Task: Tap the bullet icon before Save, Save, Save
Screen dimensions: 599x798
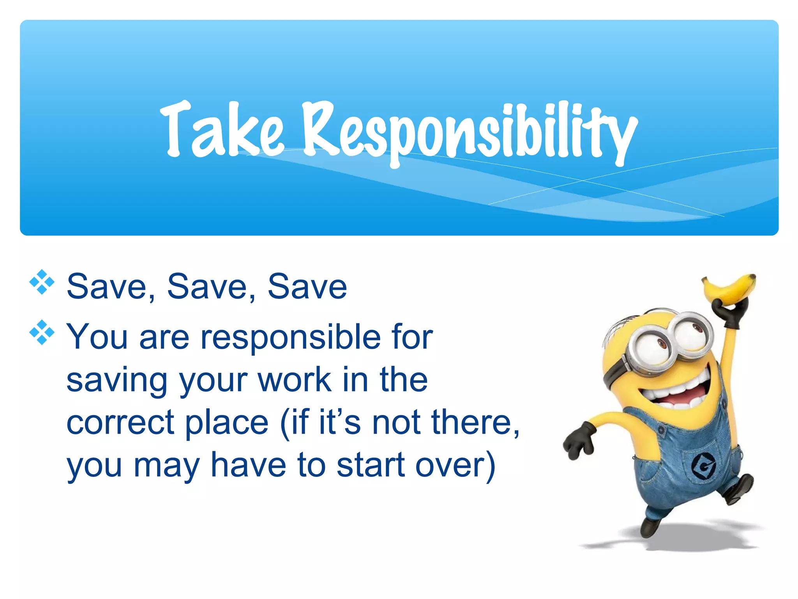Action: pyautogui.click(x=42, y=282)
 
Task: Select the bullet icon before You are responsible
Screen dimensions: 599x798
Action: pyautogui.click(x=42, y=333)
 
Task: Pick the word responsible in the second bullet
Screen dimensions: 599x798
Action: pyautogui.click(x=290, y=337)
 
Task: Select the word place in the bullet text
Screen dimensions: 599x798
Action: pyautogui.click(x=226, y=423)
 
